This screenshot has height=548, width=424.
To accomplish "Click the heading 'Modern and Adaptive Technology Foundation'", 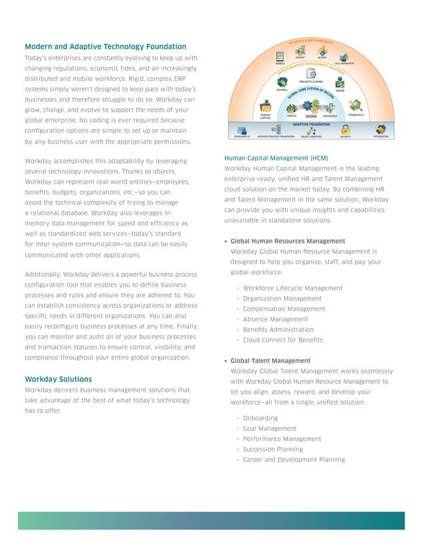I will (105, 46).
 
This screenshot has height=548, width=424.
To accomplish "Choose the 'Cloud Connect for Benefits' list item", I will (283, 340).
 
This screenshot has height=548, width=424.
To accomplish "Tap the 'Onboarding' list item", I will (261, 418).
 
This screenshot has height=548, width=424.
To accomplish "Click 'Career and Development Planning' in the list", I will (294, 460).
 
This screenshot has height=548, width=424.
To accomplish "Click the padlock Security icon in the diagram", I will (346, 129).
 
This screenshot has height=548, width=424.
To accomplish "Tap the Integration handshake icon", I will (381, 129).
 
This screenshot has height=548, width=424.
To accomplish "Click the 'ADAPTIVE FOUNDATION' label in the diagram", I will (311, 123).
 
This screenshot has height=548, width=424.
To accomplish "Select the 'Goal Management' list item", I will (270, 429).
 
